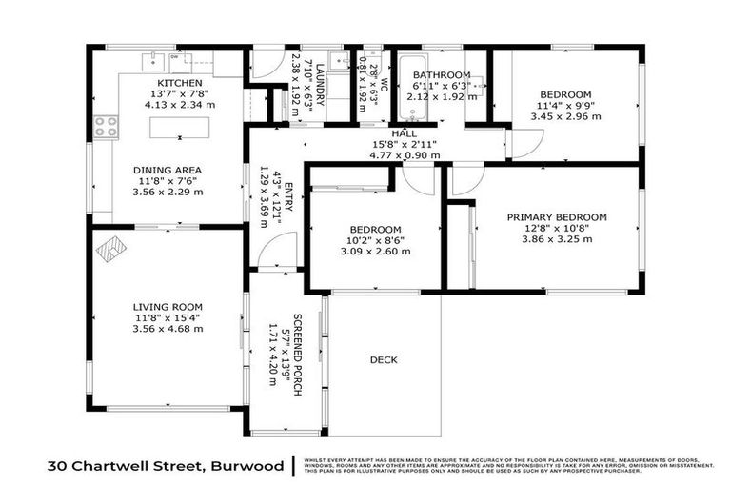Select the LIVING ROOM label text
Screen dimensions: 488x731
(x=167, y=307)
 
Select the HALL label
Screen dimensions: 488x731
(x=404, y=134)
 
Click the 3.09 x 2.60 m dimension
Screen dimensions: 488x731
(x=374, y=252)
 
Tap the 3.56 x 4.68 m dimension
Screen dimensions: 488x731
(x=167, y=329)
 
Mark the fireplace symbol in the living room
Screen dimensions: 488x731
(x=110, y=250)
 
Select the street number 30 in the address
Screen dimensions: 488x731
(x=59, y=466)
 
